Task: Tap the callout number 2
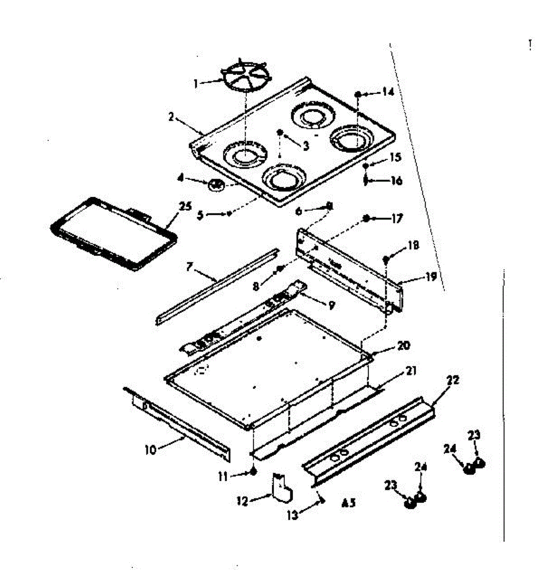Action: (x=171, y=116)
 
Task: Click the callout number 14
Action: (x=388, y=92)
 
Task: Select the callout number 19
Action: (x=430, y=277)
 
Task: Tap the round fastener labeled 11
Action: (x=253, y=472)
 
